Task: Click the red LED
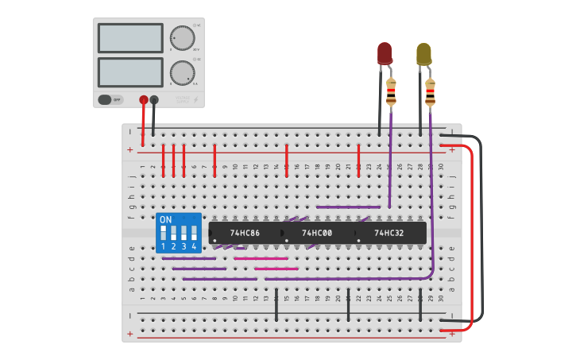tap(385, 53)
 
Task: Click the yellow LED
tap(423, 54)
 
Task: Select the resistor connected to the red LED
tap(391, 92)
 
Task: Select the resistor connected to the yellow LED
tap(430, 92)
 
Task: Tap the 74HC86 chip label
tap(244, 233)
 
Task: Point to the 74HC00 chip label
tap(317, 233)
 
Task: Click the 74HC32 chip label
tap(389, 233)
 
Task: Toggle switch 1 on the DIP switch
tap(164, 234)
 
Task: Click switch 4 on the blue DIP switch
tap(193, 234)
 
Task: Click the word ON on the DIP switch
tap(165, 219)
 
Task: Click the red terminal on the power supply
tap(144, 100)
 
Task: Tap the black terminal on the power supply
tap(154, 100)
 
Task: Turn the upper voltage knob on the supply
tap(182, 38)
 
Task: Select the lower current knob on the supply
tap(182, 73)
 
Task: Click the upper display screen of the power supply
tap(130, 38)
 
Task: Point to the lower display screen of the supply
tap(130, 72)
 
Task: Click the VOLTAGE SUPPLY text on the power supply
tap(182, 99)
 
